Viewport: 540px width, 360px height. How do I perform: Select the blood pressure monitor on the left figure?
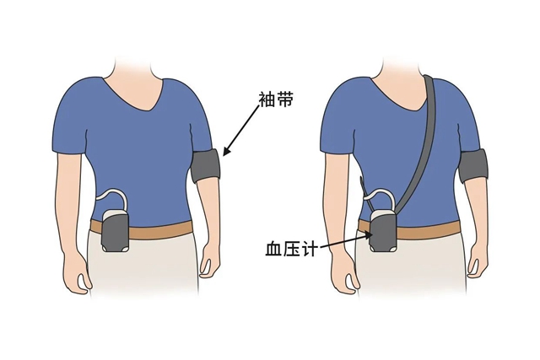(115, 234)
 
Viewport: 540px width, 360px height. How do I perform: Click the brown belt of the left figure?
(160, 230)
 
